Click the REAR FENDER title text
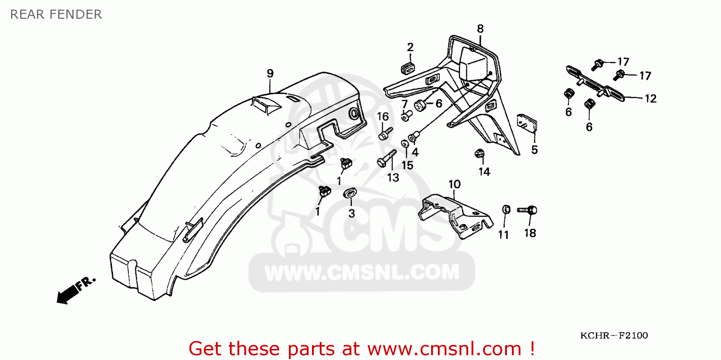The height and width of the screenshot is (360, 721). click(x=56, y=14)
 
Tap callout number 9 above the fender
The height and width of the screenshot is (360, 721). click(x=270, y=74)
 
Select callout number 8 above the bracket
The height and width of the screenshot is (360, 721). click(x=480, y=29)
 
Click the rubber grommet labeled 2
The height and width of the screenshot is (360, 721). click(x=408, y=68)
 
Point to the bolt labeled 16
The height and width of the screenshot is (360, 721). click(x=385, y=134)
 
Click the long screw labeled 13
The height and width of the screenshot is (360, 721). click(x=386, y=159)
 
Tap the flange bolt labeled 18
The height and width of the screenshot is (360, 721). click(x=527, y=210)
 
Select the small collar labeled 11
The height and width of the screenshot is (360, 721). click(x=506, y=210)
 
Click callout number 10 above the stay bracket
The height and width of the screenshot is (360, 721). click(x=455, y=185)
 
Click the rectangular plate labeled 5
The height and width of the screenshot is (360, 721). click(x=527, y=123)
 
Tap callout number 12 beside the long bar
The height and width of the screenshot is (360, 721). click(x=650, y=98)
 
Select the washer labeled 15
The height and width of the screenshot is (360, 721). click(x=405, y=144)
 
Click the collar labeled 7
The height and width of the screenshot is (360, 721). click(x=407, y=115)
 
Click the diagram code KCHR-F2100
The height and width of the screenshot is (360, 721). click(x=614, y=335)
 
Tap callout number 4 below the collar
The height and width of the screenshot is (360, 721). click(x=415, y=152)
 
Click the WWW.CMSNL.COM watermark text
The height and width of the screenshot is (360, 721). click(x=362, y=272)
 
